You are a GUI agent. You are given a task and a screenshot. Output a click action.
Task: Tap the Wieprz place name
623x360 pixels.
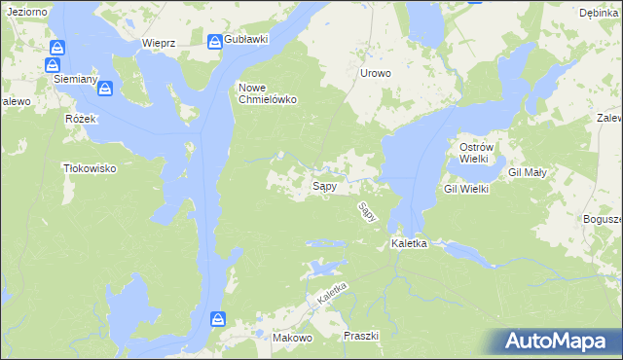click(158, 43)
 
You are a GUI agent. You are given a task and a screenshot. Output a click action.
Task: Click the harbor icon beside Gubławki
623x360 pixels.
click(214, 40)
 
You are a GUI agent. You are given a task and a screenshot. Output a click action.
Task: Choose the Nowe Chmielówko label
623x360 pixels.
click(268, 92)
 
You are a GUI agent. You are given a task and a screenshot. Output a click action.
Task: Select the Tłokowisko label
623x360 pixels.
click(89, 168)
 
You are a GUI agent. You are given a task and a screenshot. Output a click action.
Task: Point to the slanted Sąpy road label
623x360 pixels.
click(367, 211)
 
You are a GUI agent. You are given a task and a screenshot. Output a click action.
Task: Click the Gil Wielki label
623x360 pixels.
click(466, 189)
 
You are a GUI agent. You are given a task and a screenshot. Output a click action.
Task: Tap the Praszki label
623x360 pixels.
click(360, 336)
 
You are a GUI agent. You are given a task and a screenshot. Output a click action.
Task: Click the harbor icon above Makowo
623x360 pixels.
click(220, 318)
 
